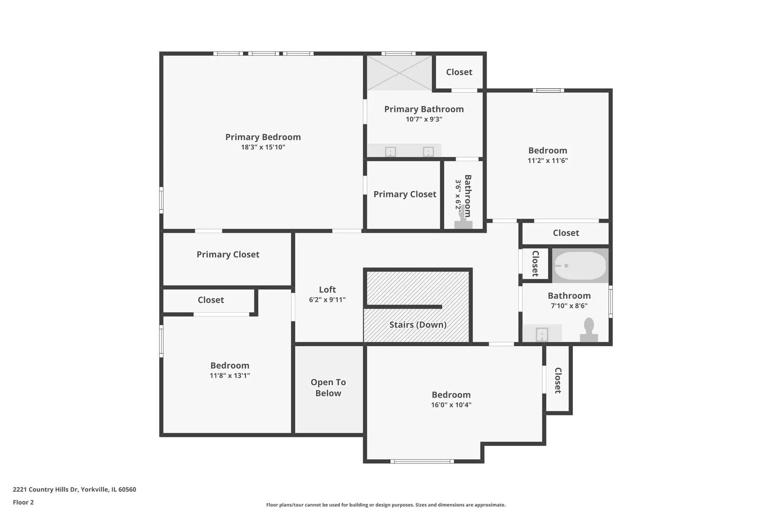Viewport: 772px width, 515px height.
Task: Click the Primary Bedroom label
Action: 263,137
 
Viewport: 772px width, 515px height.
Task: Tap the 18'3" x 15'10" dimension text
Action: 263,147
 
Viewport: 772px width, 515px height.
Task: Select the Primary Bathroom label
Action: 424,109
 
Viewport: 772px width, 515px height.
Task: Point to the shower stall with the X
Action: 399,73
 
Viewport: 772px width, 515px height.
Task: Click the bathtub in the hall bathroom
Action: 580,266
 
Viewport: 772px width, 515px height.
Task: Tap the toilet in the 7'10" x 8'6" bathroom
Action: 589,330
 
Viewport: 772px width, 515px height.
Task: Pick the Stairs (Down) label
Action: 418,325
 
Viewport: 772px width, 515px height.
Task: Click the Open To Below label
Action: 328,388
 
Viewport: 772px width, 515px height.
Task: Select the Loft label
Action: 327,290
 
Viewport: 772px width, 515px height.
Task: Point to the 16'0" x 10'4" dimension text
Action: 451,405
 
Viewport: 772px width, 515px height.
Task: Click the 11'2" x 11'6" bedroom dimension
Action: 548,160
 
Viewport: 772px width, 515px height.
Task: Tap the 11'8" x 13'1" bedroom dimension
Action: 230,376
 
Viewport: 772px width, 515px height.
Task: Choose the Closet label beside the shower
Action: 459,72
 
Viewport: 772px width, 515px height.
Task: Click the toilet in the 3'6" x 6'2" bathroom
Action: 463,220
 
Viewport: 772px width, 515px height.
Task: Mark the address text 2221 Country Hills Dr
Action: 45,489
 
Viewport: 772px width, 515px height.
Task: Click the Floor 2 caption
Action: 23,502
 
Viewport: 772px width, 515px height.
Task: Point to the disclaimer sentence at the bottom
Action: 386,505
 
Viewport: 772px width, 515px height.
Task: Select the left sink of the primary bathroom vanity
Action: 390,152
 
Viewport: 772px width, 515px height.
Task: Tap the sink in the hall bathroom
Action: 542,334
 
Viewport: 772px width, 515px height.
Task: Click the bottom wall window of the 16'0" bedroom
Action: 422,461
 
